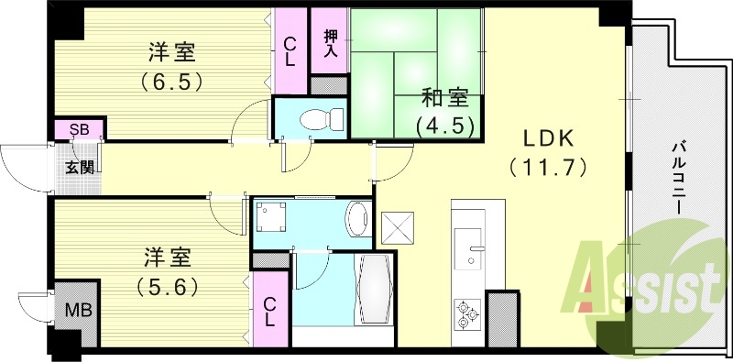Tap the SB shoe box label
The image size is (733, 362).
tap(79, 129)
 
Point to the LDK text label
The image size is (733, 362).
tap(548, 138)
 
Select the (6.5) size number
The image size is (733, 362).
tap(171, 80)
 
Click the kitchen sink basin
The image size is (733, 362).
tap(472, 240)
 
